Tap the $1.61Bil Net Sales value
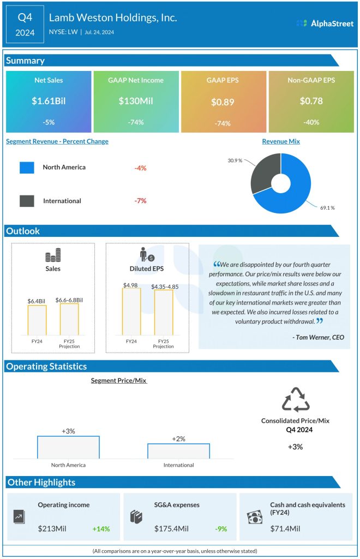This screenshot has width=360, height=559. (x=49, y=101)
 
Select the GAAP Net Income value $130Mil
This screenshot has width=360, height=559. (x=135, y=101)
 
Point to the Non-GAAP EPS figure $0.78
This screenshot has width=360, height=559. (x=311, y=101)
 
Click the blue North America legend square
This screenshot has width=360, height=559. (x=27, y=168)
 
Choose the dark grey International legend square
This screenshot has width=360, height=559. (x=27, y=201)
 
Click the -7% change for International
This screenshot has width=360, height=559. (x=141, y=201)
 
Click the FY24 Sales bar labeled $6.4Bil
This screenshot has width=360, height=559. (x=37, y=320)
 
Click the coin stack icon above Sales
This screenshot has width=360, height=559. (x=53, y=256)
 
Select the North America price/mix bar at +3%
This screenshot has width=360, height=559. (x=68, y=447)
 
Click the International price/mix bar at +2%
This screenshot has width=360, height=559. (x=178, y=451)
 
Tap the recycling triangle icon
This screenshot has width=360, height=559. (x=295, y=400)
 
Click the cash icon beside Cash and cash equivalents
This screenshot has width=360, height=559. (x=254, y=517)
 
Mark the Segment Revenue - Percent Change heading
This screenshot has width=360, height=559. (x=57, y=141)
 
